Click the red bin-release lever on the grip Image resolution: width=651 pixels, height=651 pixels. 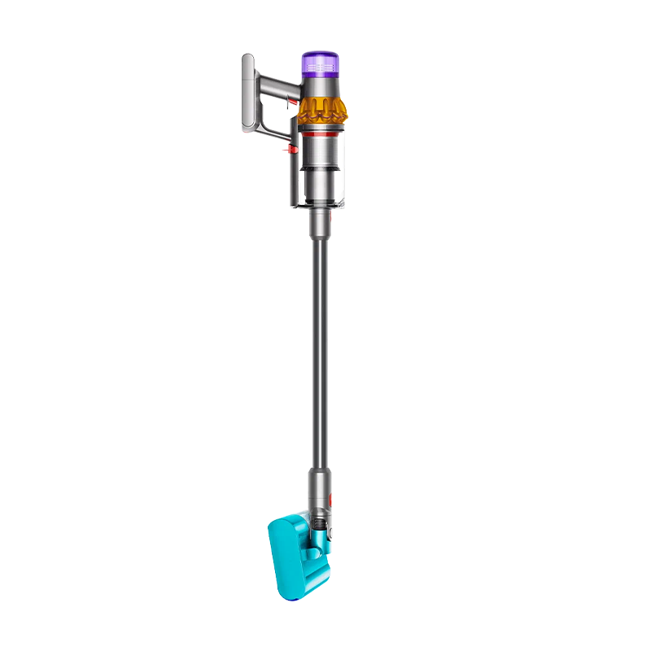coord(286,150)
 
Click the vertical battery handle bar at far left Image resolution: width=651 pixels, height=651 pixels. coord(249,93)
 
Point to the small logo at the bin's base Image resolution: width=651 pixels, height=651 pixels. coord(340,202)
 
